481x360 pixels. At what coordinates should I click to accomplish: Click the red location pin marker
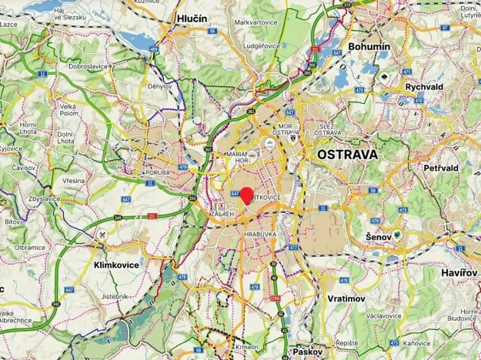pyautogui.click(x=246, y=195)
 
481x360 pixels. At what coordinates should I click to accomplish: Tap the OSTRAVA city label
pyautogui.click(x=347, y=154)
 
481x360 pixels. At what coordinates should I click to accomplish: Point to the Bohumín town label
pyautogui.click(x=369, y=47)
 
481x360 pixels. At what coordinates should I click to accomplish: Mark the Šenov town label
pyautogui.click(x=378, y=236)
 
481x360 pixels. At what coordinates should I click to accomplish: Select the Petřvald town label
pyautogui.click(x=441, y=167)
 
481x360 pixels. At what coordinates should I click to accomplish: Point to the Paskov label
pyautogui.click(x=306, y=351)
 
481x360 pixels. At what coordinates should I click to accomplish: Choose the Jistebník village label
pyautogui.click(x=114, y=296)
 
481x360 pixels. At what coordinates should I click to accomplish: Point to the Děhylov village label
pyautogui.click(x=160, y=87)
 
